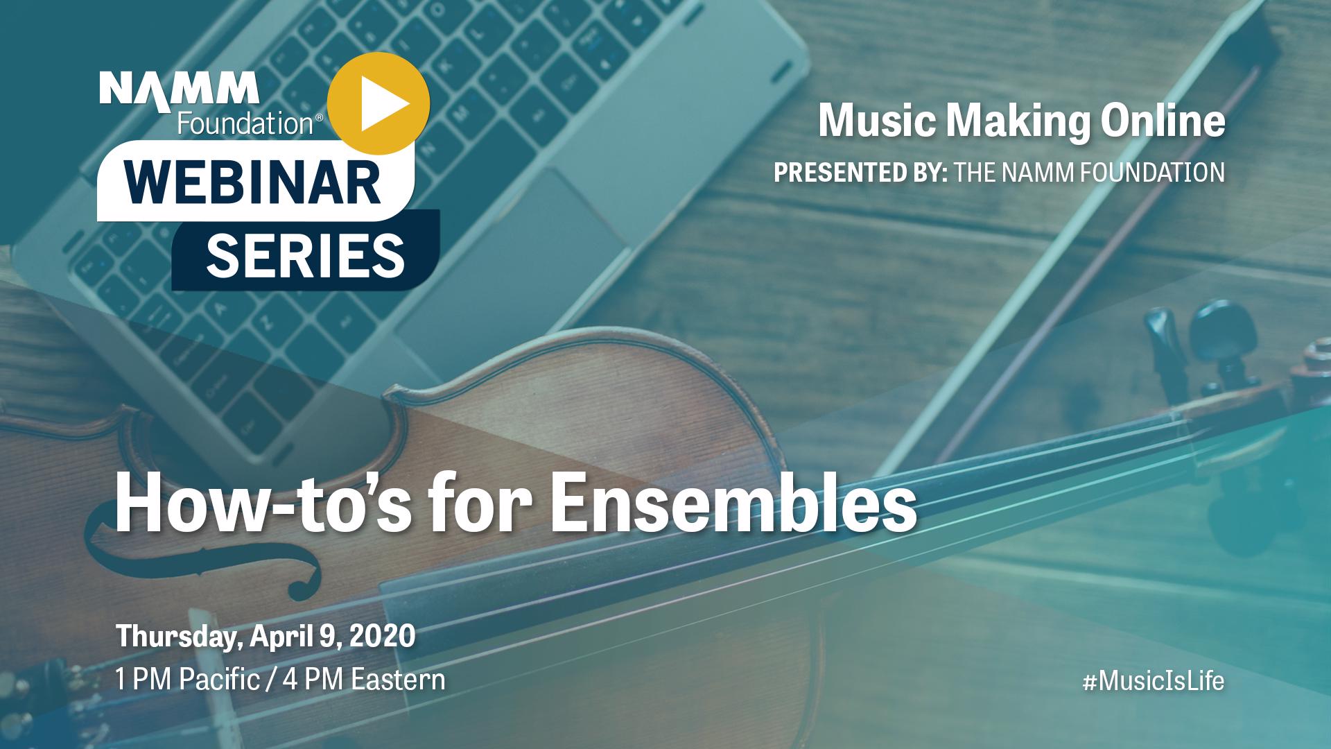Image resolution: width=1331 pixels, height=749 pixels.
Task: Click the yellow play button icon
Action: [379, 103]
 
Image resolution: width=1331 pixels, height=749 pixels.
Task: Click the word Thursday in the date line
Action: [180, 637]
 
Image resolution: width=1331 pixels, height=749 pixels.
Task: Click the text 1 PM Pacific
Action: [188, 680]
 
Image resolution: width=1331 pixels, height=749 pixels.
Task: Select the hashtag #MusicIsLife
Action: [1154, 682]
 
